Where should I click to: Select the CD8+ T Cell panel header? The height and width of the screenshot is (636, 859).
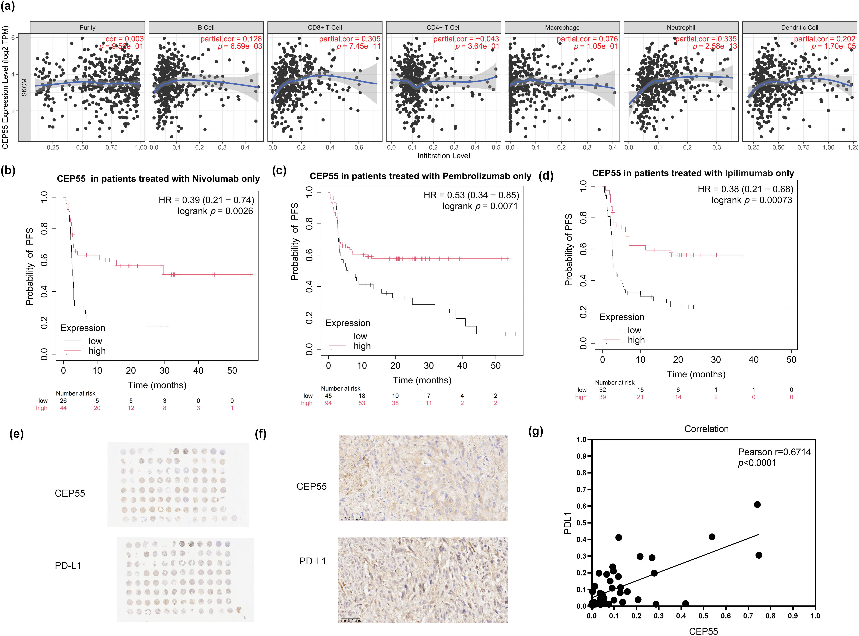[x=325, y=27]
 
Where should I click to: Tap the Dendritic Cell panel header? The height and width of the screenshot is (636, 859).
[x=799, y=27]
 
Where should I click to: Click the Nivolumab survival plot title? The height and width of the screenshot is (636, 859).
[x=158, y=179]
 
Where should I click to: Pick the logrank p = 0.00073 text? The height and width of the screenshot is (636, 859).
[x=752, y=200]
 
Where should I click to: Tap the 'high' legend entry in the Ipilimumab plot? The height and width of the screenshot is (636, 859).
[x=636, y=340]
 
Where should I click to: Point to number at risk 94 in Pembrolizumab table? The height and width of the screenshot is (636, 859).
[x=328, y=403]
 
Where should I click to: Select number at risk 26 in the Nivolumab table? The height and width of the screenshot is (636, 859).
[x=63, y=401]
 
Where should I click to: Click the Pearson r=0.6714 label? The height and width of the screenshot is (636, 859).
[x=774, y=452]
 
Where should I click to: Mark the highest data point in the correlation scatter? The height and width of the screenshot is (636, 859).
[x=757, y=504]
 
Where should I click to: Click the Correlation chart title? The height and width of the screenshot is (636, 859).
[x=706, y=429]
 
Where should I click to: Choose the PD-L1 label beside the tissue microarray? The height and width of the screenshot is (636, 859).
[x=68, y=566]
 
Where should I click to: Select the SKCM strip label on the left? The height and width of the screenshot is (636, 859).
[x=24, y=87]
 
